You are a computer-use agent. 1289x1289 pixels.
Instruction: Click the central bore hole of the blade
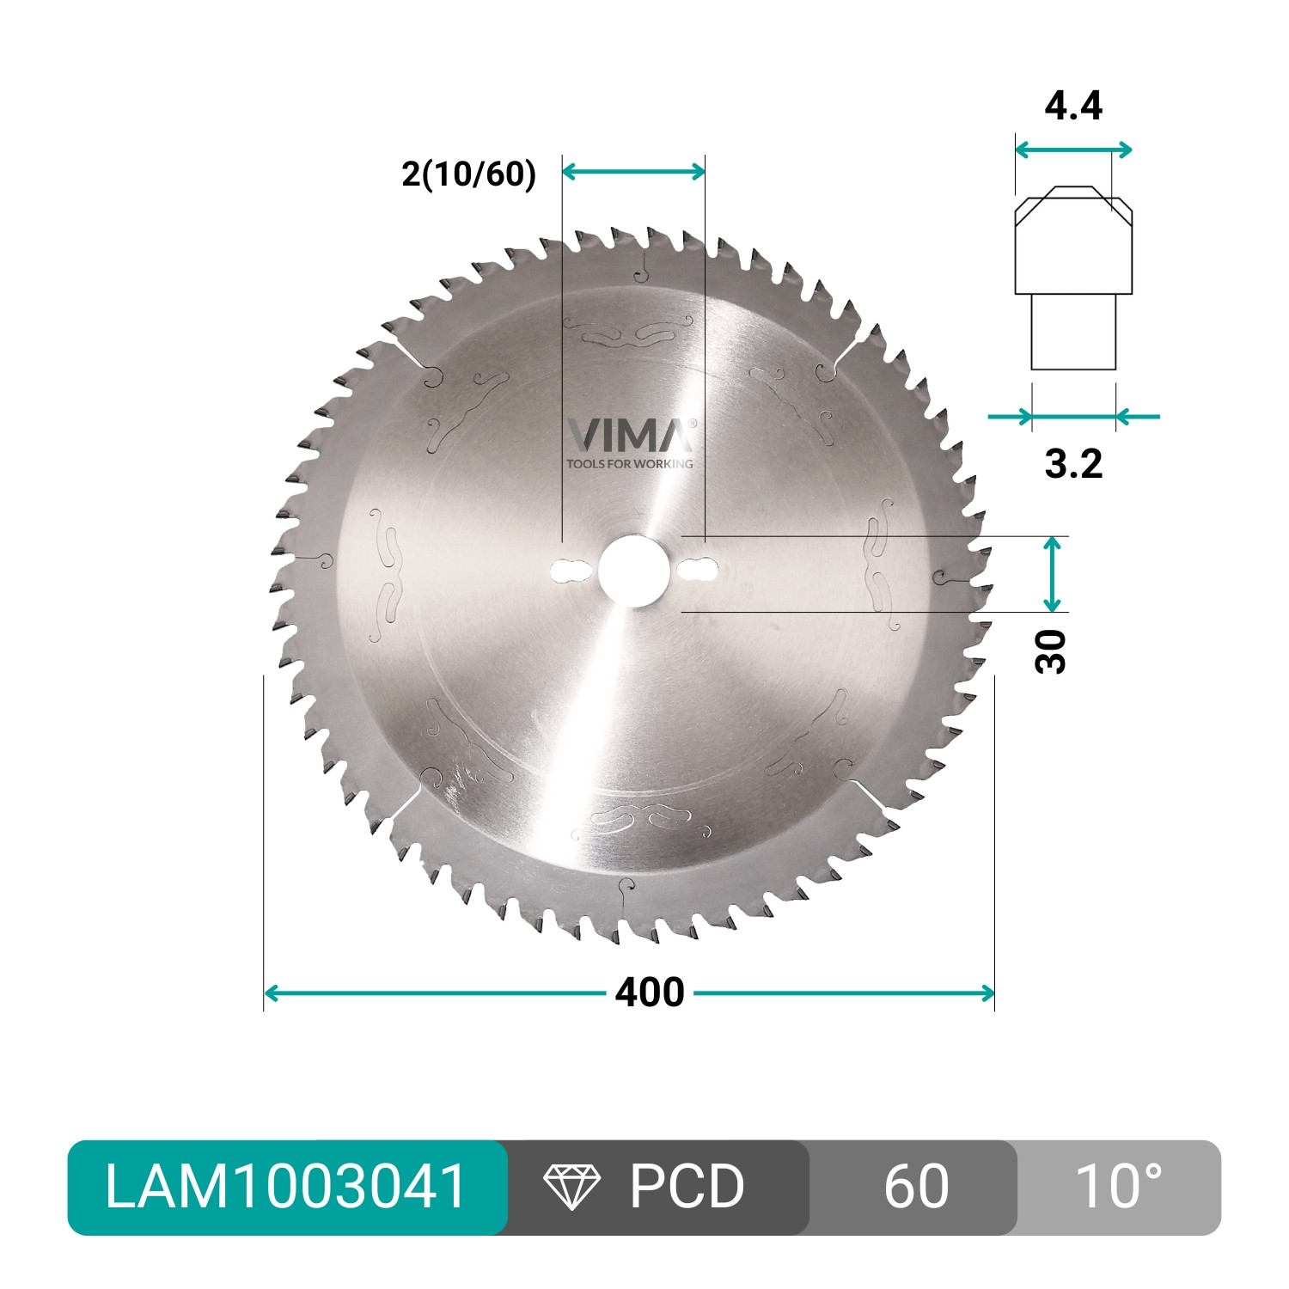pyautogui.click(x=633, y=571)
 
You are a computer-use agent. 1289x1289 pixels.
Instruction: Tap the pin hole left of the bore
pyautogui.click(x=567, y=571)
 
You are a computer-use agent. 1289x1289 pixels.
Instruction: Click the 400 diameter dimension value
pyautogui.click(x=649, y=993)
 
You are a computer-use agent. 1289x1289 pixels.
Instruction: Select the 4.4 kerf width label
pyautogui.click(x=1073, y=106)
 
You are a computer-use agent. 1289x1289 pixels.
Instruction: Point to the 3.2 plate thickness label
pyautogui.click(x=1073, y=464)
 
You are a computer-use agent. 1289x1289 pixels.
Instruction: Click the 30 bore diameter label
pyautogui.click(x=1051, y=651)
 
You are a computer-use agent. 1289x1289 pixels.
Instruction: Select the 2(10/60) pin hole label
pyautogui.click(x=468, y=174)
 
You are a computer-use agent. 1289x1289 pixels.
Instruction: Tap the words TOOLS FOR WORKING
pyautogui.click(x=630, y=464)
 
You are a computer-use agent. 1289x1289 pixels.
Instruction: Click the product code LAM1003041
pyautogui.click(x=286, y=1187)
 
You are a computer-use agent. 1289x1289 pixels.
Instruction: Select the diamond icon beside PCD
pyautogui.click(x=571, y=1187)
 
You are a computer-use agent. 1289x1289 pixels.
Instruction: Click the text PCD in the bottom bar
pyautogui.click(x=687, y=1187)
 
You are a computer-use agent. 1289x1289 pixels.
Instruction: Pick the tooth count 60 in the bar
pyautogui.click(x=916, y=1187)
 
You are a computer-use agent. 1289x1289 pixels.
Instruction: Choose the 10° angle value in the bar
pyautogui.click(x=1118, y=1187)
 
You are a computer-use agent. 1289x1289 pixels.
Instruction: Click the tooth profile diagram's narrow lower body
pyautogui.click(x=1073, y=333)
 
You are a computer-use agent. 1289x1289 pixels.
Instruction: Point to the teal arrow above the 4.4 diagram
pyautogui.click(x=1073, y=150)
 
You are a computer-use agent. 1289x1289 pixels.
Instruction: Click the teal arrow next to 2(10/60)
pyautogui.click(x=633, y=172)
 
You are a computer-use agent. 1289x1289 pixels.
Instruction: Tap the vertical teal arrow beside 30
pyautogui.click(x=1053, y=574)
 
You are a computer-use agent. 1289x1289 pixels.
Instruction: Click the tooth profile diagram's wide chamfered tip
pyautogui.click(x=1073, y=241)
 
